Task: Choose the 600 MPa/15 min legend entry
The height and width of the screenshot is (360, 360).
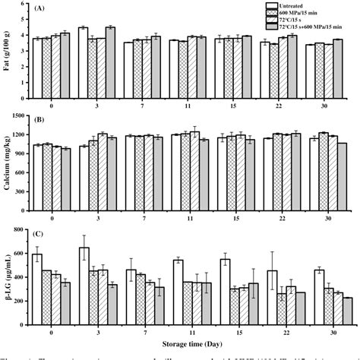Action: pyautogui.click(x=304, y=14)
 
